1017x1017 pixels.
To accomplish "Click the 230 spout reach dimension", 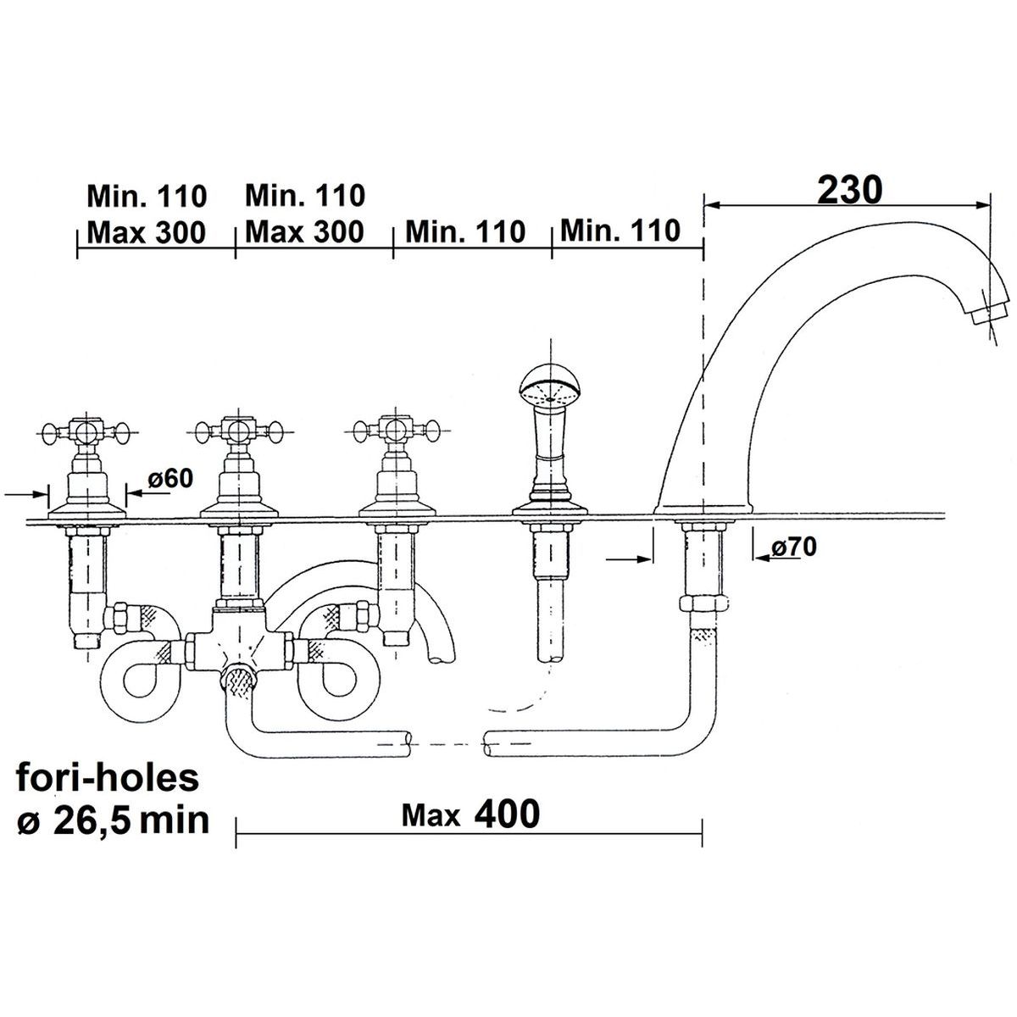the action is (x=849, y=191).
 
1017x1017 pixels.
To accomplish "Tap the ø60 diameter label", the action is (x=170, y=479).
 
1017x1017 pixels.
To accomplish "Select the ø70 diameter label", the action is (x=794, y=547).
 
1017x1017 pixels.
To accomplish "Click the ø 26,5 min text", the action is (x=114, y=822).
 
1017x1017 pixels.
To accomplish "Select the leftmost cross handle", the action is (x=86, y=432).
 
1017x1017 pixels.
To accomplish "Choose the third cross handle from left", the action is (x=397, y=432).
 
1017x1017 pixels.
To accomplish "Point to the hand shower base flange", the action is (x=550, y=508).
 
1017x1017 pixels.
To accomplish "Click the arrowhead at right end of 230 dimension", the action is (x=982, y=206).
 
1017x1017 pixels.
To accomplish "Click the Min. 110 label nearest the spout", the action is (x=620, y=231).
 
